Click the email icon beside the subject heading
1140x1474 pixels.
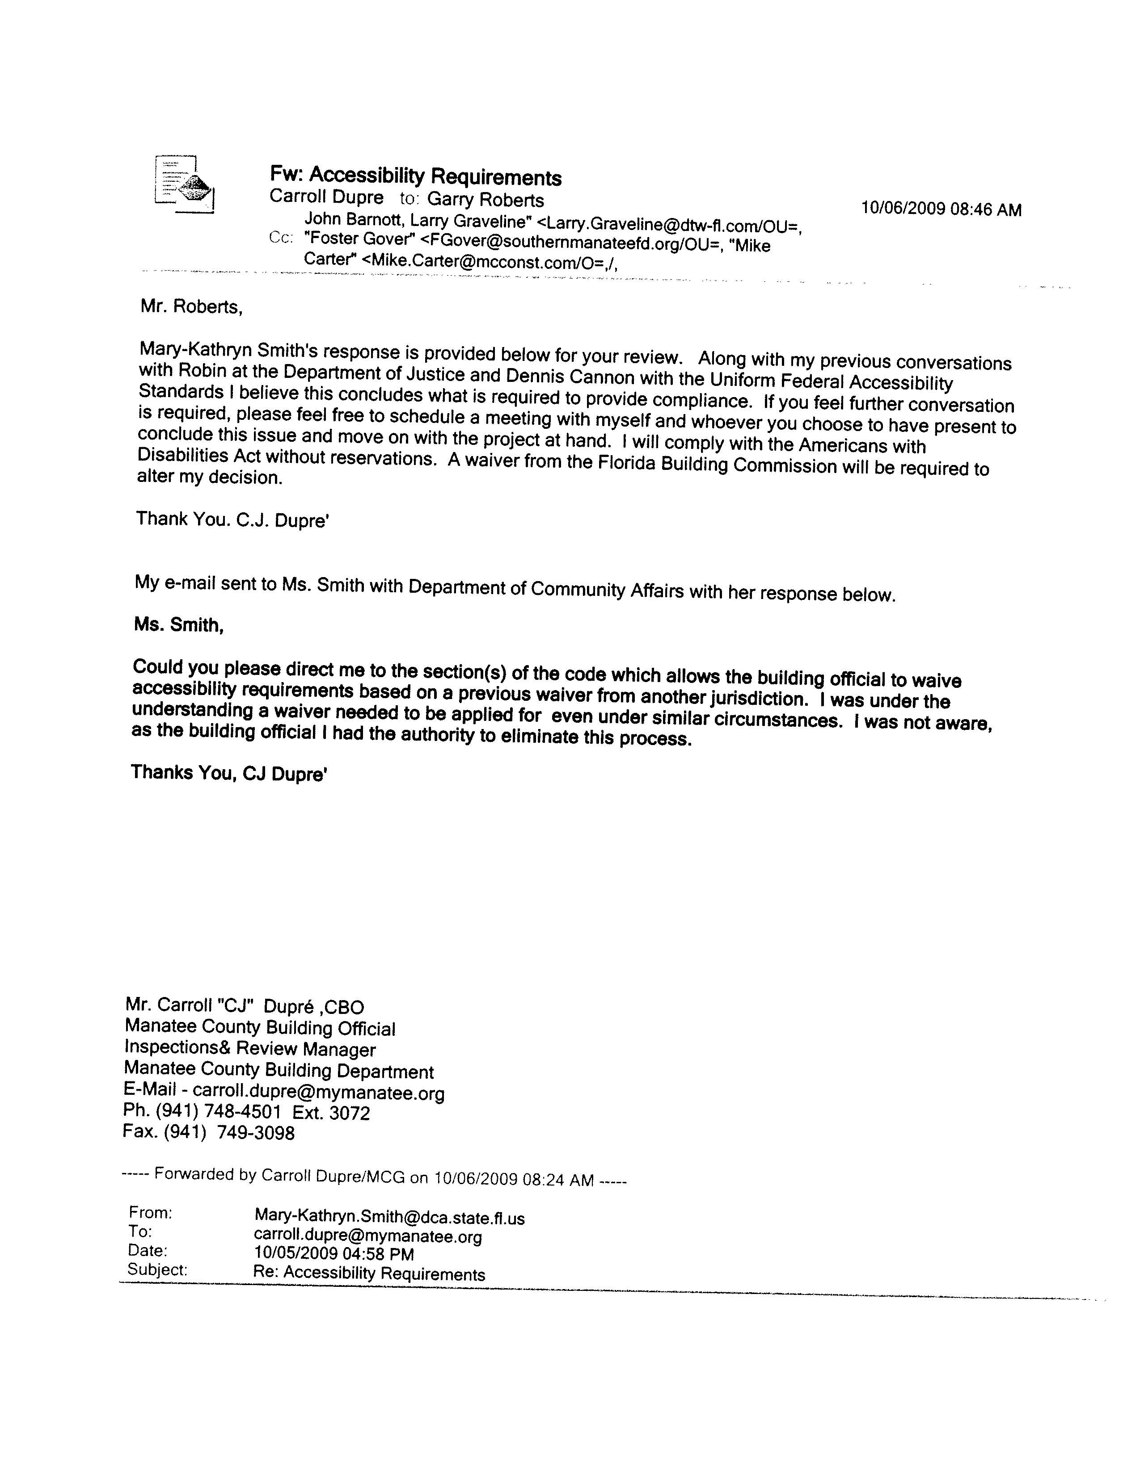point(184,184)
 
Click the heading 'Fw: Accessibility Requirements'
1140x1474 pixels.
point(415,176)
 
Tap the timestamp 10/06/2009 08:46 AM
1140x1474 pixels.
point(941,209)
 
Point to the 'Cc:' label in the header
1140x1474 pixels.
point(280,238)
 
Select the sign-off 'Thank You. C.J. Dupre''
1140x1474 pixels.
point(232,519)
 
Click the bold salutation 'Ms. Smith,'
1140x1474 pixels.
point(178,625)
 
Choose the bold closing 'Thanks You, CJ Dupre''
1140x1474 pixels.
point(229,773)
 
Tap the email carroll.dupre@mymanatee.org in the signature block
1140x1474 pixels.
point(319,1093)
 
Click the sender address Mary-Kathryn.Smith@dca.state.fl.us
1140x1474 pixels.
point(389,1218)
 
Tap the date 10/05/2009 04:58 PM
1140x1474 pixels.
point(334,1254)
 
